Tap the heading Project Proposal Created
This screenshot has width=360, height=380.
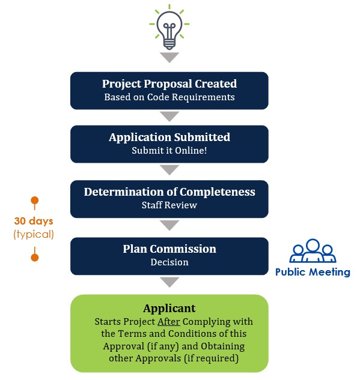coord(169,84)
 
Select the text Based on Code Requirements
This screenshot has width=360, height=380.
coord(169,97)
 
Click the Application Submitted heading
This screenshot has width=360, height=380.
coord(169,137)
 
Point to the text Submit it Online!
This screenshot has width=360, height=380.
coord(169,151)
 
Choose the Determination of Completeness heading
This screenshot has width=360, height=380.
coord(169,192)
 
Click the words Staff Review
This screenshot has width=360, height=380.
coord(169,205)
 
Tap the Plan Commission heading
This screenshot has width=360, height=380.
coord(169,249)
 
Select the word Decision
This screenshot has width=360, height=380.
coord(169,262)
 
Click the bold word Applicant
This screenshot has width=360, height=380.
coord(169,309)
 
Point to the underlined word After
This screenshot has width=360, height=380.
coord(169,322)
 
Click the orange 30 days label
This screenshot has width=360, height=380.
coord(34,222)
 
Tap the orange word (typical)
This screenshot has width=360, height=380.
coord(34,234)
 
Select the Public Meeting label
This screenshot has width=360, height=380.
coord(313,272)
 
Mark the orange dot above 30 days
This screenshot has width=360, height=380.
coord(35,201)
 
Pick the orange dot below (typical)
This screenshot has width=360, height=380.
coord(35,258)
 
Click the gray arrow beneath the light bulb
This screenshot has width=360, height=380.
coord(169,57)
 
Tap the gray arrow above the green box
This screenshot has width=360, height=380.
coord(169,282)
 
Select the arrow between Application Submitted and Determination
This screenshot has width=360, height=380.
coord(169,170)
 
